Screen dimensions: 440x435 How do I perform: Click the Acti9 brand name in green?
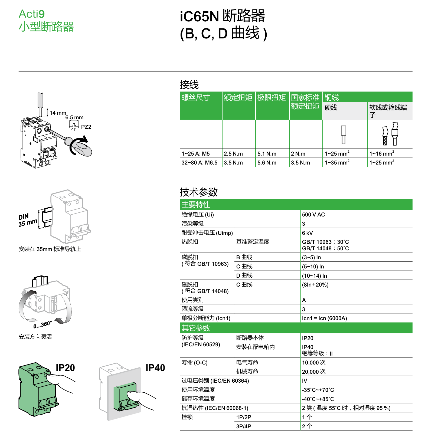[32, 14]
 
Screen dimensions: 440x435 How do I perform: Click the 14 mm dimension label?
[58, 113]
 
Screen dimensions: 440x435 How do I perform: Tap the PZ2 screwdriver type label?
[86, 127]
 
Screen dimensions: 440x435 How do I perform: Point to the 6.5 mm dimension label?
[74, 118]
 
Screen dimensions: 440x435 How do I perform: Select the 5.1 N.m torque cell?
[267, 154]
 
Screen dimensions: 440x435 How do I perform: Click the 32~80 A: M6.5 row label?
[199, 163]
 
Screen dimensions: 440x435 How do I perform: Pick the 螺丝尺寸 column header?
[196, 97]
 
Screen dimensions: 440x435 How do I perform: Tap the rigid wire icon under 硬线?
[343, 134]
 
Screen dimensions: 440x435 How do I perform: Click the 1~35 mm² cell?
[337, 163]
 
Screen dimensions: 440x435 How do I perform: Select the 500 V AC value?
[313, 215]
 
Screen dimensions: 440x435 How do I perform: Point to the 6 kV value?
[307, 233]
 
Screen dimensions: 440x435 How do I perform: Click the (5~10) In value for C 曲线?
[313, 267]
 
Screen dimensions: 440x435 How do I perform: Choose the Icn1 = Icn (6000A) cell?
[324, 318]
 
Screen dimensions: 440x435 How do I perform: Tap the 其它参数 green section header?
[196, 328]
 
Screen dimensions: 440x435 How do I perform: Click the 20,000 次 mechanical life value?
[313, 372]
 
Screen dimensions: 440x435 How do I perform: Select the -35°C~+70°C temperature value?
[318, 390]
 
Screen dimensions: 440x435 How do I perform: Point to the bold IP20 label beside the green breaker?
[65, 368]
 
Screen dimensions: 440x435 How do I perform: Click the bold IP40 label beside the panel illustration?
[155, 368]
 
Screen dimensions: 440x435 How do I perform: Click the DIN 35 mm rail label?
[27, 220]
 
